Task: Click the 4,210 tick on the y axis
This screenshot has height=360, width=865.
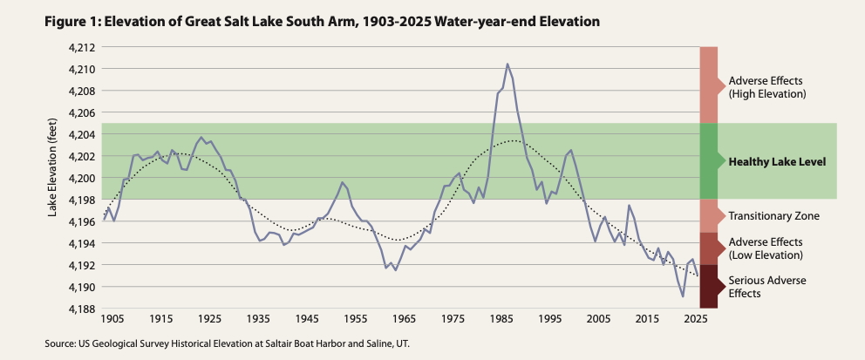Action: (x=82, y=69)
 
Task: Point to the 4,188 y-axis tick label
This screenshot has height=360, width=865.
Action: (x=82, y=309)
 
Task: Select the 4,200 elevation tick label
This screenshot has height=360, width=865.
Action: (x=82, y=178)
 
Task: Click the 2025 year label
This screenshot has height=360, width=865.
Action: (x=694, y=320)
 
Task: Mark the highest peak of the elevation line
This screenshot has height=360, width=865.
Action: (x=507, y=64)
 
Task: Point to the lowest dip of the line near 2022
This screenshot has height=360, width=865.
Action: (x=683, y=296)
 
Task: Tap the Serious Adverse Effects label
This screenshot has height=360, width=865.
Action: (x=767, y=287)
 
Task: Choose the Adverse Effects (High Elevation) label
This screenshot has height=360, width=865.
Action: (x=766, y=85)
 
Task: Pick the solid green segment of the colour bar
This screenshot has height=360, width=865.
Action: (x=708, y=161)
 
